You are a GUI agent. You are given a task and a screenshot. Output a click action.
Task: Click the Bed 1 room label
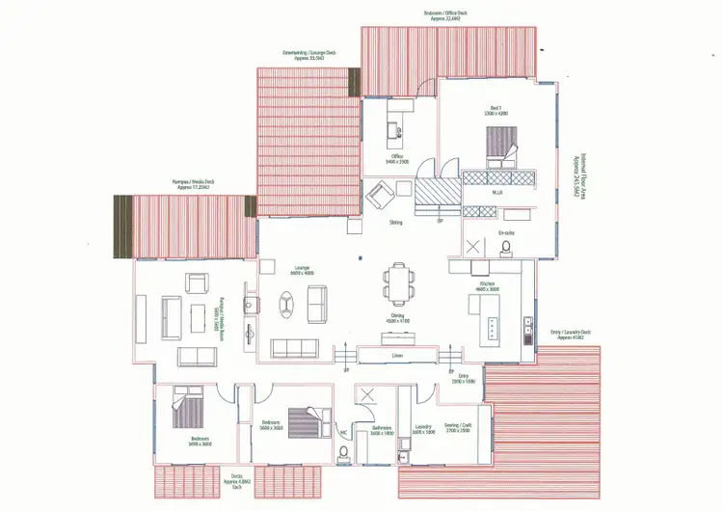497,111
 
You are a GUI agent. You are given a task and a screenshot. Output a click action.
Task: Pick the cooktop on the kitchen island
493,328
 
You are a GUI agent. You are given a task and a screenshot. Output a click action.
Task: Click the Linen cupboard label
397,355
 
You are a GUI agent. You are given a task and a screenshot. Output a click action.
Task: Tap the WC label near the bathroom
343,432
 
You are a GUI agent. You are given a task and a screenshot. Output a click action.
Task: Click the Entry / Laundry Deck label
570,334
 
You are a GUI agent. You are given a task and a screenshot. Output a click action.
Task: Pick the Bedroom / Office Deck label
447,14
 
